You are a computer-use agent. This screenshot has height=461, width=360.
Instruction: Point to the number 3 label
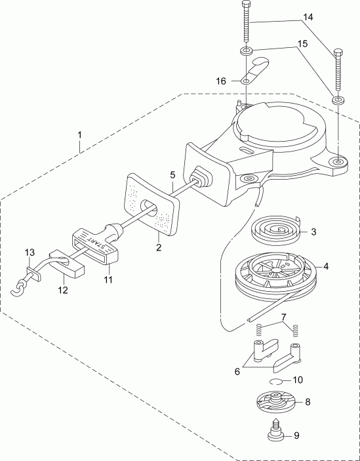click(x=313, y=231)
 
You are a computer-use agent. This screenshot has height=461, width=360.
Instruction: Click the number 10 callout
click(x=297, y=380)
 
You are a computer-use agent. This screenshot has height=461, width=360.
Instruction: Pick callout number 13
click(x=28, y=252)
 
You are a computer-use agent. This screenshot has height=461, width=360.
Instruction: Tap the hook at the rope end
click(x=22, y=285)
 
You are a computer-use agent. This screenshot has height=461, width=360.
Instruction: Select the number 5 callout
click(x=172, y=175)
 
